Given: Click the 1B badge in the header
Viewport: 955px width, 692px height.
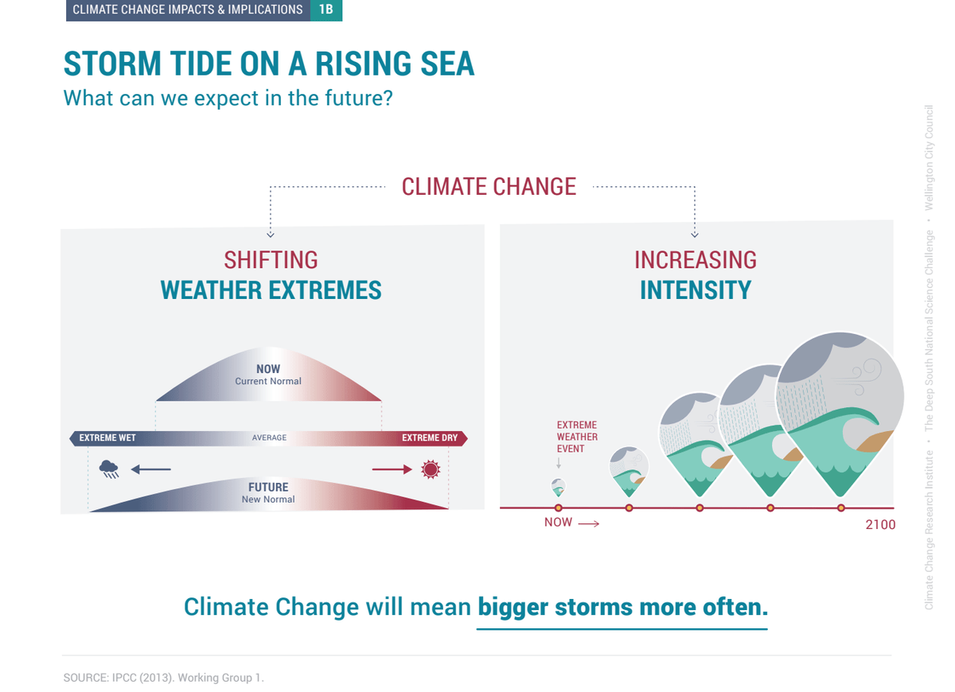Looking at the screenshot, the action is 326,10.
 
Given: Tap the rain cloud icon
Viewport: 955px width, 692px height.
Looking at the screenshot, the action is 109,469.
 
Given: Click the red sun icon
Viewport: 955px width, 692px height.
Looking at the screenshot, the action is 431,469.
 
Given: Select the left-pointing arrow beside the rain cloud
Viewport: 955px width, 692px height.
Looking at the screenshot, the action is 151,469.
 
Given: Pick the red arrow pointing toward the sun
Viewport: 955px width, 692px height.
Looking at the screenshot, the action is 392,469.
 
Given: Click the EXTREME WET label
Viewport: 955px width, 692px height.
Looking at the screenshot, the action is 107,437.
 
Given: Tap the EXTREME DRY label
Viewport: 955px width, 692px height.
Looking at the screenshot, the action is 430,437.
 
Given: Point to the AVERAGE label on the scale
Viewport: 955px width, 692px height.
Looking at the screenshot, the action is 269,437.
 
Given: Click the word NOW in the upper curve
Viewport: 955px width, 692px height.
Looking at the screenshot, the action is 268,368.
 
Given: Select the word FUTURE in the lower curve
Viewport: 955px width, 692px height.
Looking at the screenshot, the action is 268,487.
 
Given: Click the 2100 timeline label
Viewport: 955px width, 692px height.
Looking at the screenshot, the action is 880,524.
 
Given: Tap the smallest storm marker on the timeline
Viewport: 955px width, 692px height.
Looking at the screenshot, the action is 558,488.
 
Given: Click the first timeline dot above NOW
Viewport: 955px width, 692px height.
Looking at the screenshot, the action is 558,507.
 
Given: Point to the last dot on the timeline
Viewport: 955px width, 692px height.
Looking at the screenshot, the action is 840,507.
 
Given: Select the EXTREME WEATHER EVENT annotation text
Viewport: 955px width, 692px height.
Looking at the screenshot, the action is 577,437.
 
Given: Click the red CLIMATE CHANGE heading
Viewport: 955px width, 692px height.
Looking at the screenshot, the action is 489,187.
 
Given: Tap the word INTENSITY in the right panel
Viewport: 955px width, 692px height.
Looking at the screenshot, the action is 696,290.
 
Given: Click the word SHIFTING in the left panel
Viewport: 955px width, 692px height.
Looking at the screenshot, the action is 271,260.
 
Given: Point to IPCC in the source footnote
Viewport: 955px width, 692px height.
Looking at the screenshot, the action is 123,678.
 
